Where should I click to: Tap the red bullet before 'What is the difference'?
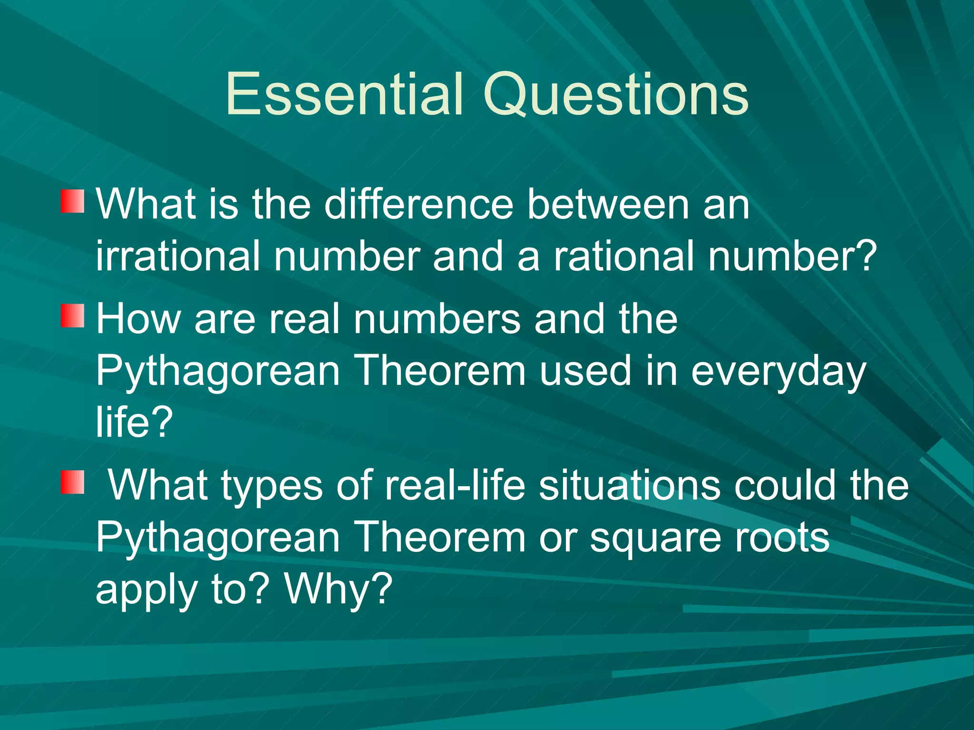tap(72, 202)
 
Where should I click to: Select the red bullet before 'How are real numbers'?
tap(72, 316)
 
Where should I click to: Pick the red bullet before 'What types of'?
tap(72, 482)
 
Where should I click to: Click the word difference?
tap(419, 204)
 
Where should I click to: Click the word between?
tap(608, 204)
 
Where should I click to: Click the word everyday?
tap(778, 372)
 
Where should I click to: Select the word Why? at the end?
tap(338, 589)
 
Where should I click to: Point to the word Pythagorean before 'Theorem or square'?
tap(218, 538)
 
